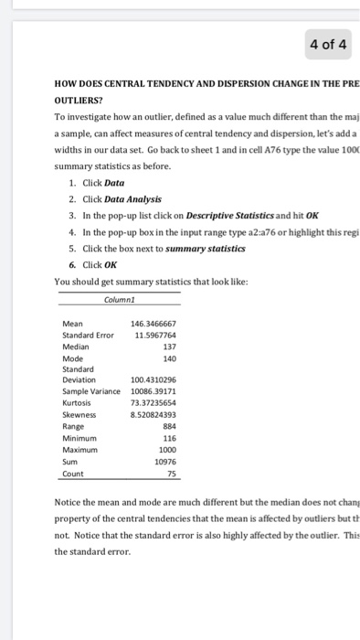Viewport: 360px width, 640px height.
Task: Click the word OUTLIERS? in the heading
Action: (85, 101)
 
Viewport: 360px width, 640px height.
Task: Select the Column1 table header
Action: (119, 298)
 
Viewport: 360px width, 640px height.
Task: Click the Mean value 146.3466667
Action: (154, 324)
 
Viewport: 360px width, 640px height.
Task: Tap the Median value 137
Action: (168, 347)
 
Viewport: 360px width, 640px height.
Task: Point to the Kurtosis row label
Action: (77, 402)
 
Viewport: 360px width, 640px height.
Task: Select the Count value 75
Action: (171, 474)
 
